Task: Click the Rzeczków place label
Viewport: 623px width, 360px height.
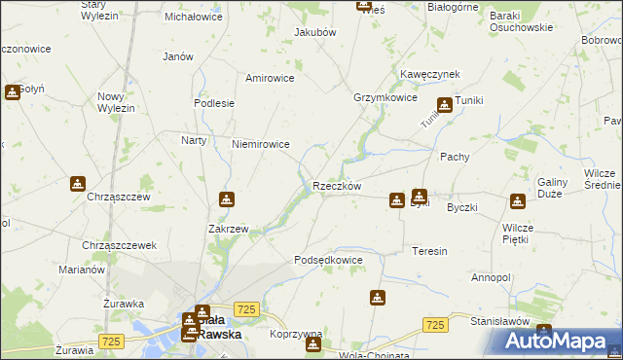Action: pyautogui.click(x=337, y=187)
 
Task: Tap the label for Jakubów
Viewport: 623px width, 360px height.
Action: pyautogui.click(x=314, y=32)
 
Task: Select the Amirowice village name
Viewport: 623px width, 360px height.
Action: pyautogui.click(x=270, y=78)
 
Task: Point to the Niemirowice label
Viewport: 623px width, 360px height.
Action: pyautogui.click(x=260, y=144)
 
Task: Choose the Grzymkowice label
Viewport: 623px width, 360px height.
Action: pyautogui.click(x=385, y=98)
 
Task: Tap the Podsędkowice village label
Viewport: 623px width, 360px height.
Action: pyautogui.click(x=328, y=261)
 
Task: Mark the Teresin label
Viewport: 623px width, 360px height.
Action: pyautogui.click(x=429, y=251)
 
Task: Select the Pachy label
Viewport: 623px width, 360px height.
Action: pyautogui.click(x=455, y=156)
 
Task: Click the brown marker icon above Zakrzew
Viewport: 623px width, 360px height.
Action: pyautogui.click(x=227, y=199)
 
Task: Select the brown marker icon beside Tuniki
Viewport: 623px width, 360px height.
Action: pyautogui.click(x=445, y=105)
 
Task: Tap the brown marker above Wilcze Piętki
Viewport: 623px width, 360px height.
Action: pyautogui.click(x=517, y=201)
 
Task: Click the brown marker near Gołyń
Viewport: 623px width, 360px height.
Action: pyautogui.click(x=12, y=92)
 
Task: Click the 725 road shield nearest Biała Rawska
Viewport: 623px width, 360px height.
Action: pyautogui.click(x=246, y=308)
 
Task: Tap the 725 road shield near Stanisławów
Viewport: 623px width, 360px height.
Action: pyautogui.click(x=435, y=324)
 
